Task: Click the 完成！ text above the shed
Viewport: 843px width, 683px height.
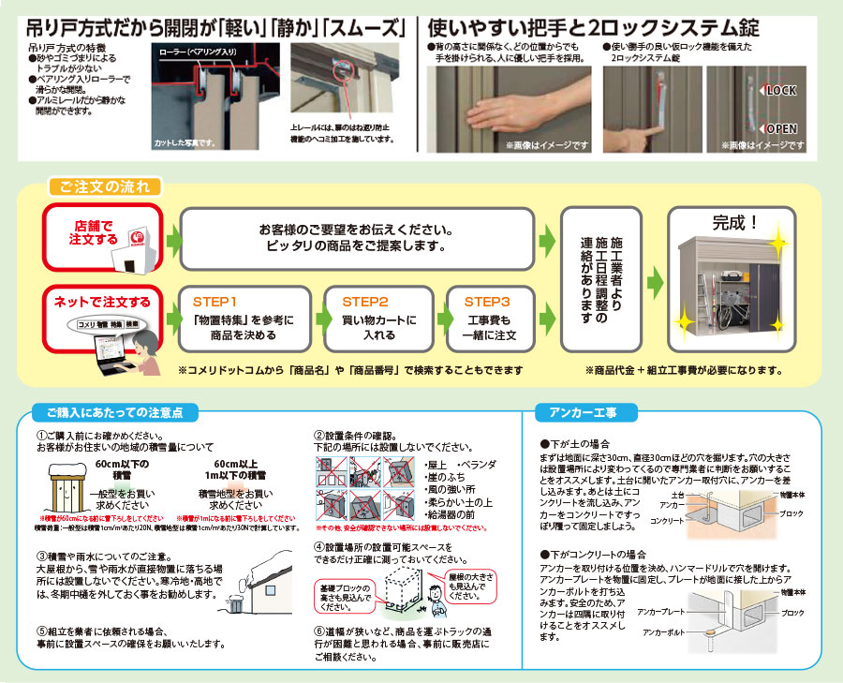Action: [736, 225]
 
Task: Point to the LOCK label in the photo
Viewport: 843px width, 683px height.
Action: [781, 91]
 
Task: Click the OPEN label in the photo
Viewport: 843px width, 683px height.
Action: [782, 128]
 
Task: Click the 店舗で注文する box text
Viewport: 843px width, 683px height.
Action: [92, 233]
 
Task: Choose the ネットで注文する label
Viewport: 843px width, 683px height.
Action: [101, 302]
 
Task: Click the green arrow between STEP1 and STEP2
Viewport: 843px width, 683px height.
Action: [312, 318]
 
